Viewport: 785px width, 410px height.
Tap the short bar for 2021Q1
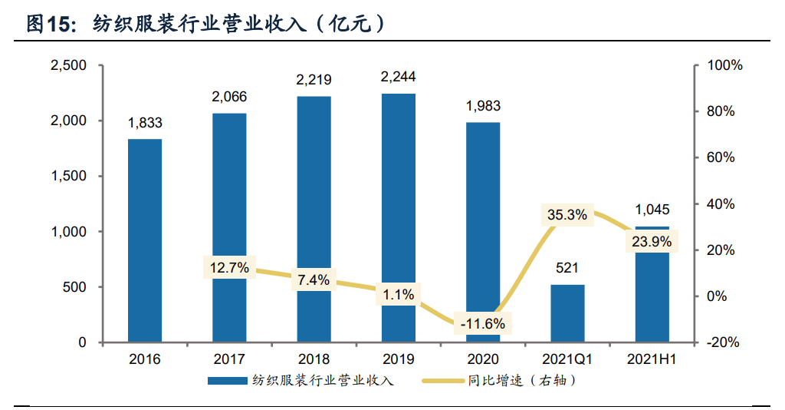567,313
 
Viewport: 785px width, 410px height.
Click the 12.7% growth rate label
228,268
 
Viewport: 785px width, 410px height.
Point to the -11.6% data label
483,323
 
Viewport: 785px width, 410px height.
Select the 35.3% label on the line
567,215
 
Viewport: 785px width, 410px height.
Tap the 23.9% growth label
652,242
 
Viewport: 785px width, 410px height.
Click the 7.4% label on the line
314,280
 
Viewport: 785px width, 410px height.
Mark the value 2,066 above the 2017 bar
229,97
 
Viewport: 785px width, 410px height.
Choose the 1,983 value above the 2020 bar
483,106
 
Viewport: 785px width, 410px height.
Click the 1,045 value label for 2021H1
652,210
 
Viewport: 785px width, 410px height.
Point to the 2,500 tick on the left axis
68,66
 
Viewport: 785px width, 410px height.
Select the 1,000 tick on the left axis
68,232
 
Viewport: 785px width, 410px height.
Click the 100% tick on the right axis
724,66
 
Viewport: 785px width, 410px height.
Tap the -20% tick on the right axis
722,342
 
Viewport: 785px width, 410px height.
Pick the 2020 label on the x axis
483,359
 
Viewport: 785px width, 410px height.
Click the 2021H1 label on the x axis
652,359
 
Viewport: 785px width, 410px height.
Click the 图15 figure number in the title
48,25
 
